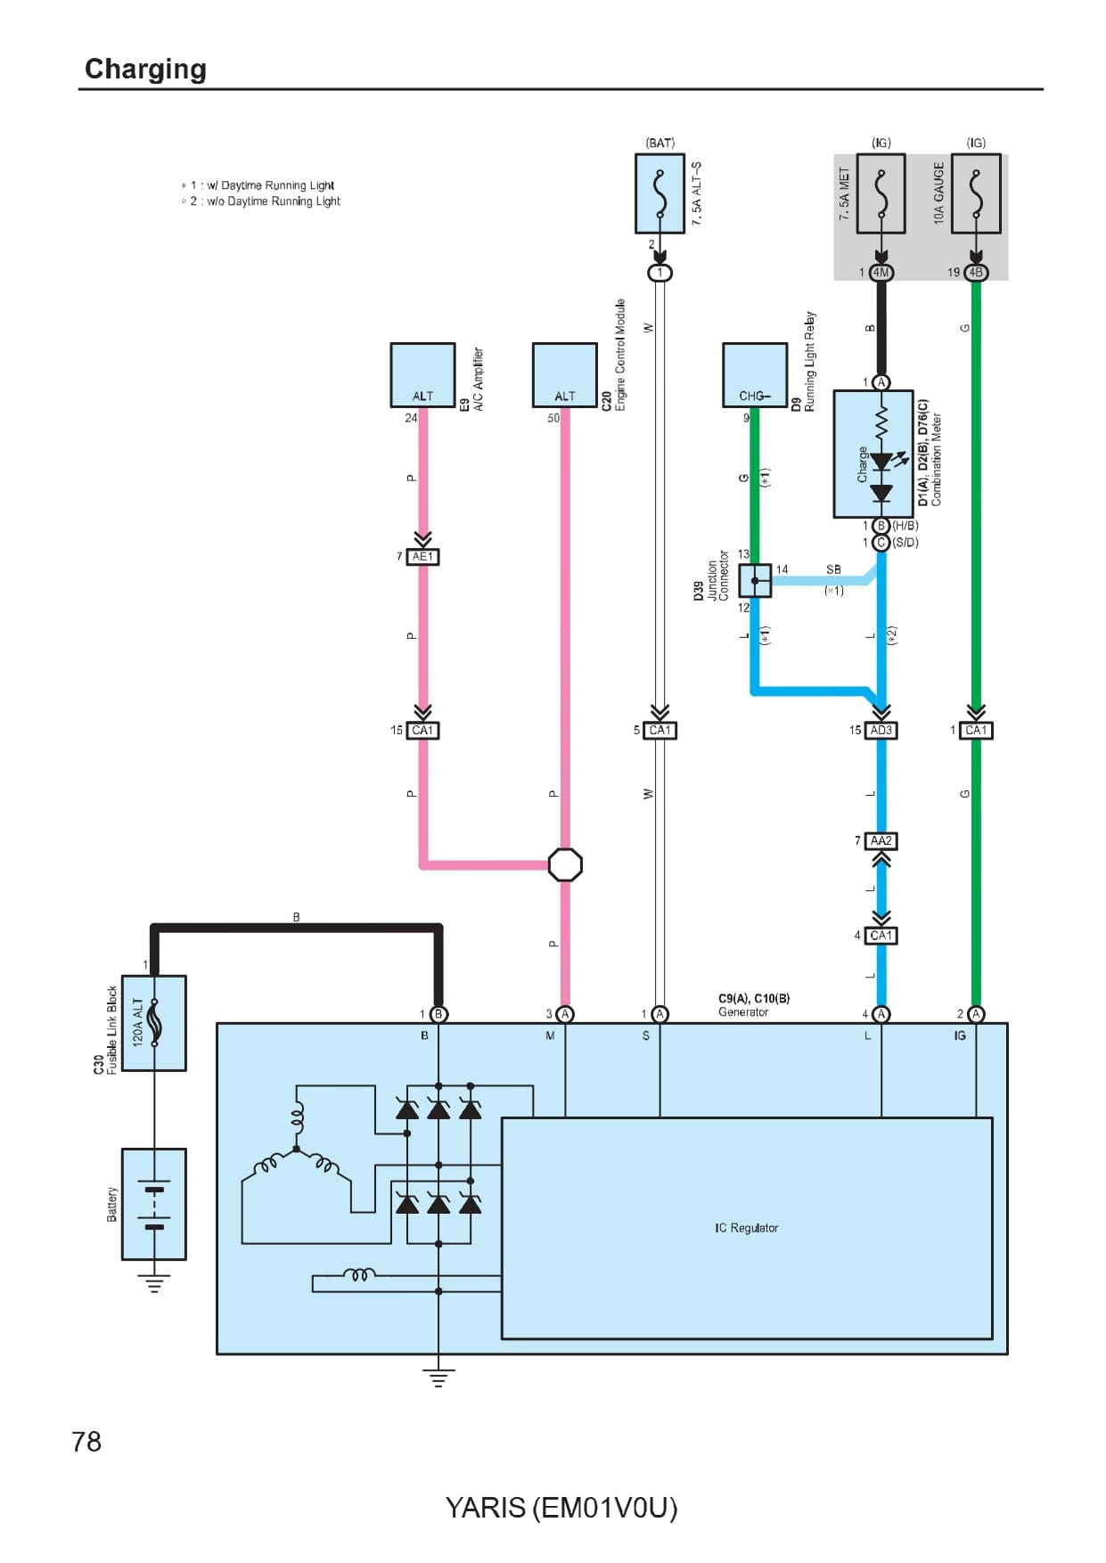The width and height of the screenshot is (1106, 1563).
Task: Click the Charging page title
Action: [145, 69]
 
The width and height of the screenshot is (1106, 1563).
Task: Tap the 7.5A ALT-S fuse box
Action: [660, 193]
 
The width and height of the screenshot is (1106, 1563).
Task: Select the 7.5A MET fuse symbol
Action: [881, 193]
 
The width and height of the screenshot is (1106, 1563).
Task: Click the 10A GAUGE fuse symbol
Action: [976, 193]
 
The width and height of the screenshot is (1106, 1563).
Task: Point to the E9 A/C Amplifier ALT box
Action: [422, 375]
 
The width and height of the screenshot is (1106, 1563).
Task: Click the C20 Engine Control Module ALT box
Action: [564, 375]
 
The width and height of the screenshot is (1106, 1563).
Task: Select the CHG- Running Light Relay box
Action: [754, 375]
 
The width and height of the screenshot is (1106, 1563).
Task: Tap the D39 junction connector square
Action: [755, 581]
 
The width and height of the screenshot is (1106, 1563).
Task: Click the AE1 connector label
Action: [423, 557]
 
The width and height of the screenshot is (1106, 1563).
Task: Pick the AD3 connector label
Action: [881, 731]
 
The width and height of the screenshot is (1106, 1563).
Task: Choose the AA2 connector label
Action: [881, 841]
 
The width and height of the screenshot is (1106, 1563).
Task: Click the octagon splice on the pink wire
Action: [565, 864]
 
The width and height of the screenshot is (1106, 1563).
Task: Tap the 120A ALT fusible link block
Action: [154, 1023]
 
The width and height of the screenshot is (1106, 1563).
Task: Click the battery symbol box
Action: [154, 1204]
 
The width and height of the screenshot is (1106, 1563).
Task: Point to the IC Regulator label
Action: [746, 1228]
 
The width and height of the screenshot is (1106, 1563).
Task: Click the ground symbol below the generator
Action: [438, 1378]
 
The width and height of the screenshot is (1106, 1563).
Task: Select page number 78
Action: [86, 1442]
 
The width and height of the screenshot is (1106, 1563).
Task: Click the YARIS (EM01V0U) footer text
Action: [561, 1508]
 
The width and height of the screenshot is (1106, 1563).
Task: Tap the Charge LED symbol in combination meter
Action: [881, 462]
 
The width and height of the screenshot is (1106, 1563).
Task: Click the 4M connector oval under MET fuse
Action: [881, 273]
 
